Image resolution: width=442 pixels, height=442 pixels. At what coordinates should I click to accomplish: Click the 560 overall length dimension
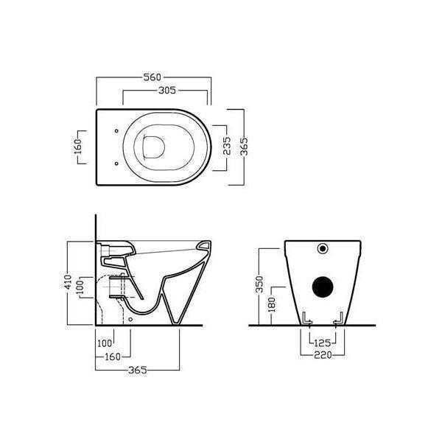point(152,77)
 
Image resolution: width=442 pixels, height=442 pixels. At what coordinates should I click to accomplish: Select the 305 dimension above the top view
point(167,91)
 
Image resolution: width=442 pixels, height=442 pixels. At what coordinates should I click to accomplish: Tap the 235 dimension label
point(227,146)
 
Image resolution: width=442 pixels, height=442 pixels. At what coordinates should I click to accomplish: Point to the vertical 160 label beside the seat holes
point(78,147)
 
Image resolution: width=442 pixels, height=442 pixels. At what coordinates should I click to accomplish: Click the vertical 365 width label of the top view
point(244,147)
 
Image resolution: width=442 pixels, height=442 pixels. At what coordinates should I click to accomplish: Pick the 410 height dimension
point(68,282)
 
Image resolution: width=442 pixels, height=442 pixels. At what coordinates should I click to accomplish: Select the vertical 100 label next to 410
point(80,287)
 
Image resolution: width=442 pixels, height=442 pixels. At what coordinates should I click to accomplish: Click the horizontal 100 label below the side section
point(105,343)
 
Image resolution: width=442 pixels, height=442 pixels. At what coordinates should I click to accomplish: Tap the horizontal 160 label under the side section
point(113,357)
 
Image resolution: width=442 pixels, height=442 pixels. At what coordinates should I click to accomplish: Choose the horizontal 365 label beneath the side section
point(138,370)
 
